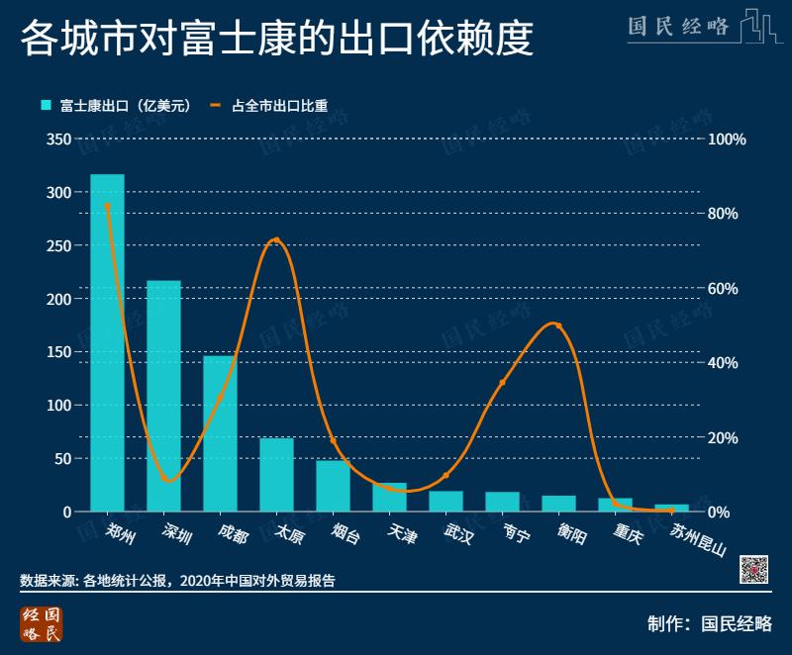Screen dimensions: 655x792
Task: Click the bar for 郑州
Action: [107, 342]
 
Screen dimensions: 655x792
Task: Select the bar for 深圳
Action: [163, 396]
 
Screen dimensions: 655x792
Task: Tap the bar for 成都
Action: [220, 433]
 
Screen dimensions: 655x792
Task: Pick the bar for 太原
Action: [276, 474]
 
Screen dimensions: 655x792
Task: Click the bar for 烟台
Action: [333, 486]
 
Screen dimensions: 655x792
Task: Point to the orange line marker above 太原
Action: [276, 240]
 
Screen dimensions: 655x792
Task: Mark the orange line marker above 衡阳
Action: [558, 326]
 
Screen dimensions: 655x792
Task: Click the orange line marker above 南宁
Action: [502, 383]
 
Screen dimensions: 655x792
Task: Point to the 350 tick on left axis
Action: [58, 140]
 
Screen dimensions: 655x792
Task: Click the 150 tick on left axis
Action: [58, 352]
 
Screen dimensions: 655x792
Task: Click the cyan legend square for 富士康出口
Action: [46, 105]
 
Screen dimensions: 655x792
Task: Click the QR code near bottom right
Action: [755, 568]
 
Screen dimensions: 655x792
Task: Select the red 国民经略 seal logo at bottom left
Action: [41, 623]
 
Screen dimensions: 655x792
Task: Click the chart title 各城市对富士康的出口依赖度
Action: [276, 41]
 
